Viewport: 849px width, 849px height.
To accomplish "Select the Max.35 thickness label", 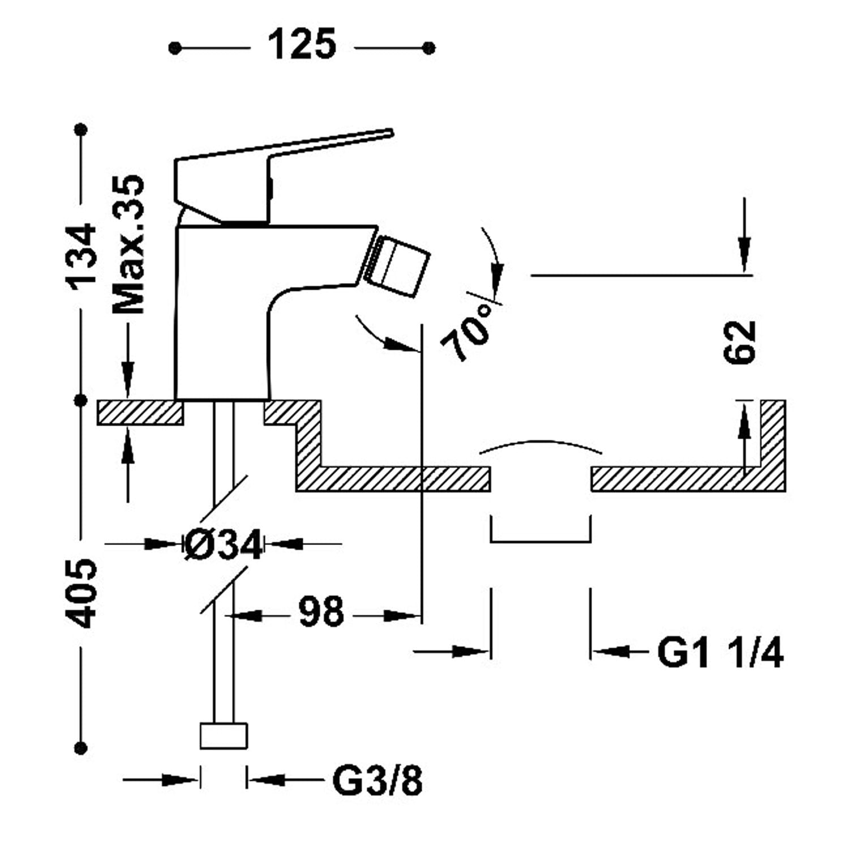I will (129, 244).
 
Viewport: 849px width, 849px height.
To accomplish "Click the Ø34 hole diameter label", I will (224, 544).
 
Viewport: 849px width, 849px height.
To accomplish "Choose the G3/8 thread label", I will (377, 781).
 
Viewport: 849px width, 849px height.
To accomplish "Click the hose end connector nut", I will (224, 735).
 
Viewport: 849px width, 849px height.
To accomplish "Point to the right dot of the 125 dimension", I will (429, 48).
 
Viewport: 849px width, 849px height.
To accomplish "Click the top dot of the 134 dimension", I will (83, 130).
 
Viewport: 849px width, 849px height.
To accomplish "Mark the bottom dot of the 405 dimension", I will (83, 748).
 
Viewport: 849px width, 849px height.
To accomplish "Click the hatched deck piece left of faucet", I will (140, 412).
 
